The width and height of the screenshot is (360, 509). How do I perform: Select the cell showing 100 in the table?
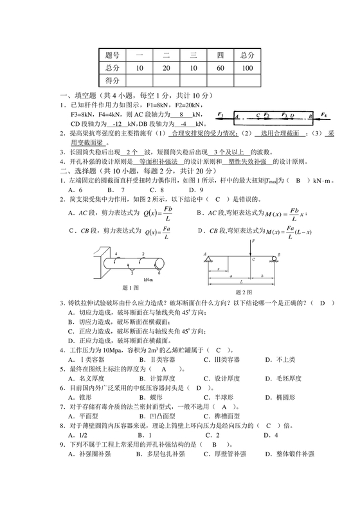point(248,67)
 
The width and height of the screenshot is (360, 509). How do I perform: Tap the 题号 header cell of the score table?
point(113,55)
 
